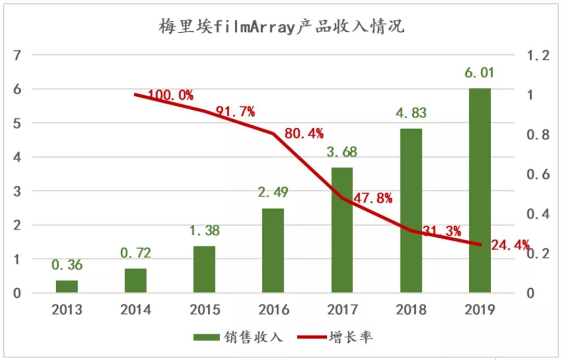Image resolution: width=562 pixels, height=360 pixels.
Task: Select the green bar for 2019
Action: coord(480,190)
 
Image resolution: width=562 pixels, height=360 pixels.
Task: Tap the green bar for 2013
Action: coord(67,287)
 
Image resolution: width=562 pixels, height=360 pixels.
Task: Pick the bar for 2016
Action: coord(273,251)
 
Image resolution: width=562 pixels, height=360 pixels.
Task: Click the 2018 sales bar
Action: coord(411,211)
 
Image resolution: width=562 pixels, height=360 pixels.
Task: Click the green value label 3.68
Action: coord(342,153)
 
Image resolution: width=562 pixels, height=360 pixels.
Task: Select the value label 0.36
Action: coord(67,265)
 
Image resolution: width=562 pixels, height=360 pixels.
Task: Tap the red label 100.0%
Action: coord(171,95)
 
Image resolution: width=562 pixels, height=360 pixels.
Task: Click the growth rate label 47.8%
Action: coord(373,199)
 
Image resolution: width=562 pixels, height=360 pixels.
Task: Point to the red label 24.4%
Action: coord(510,244)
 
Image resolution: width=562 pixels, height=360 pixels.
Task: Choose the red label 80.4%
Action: coord(304,134)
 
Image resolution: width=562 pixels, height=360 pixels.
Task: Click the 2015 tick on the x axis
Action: coord(205,310)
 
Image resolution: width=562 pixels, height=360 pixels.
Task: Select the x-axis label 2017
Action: coord(342,310)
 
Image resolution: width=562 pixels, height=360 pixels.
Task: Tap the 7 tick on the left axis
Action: coord(17,55)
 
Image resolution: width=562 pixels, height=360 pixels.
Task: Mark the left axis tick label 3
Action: coord(17,191)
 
